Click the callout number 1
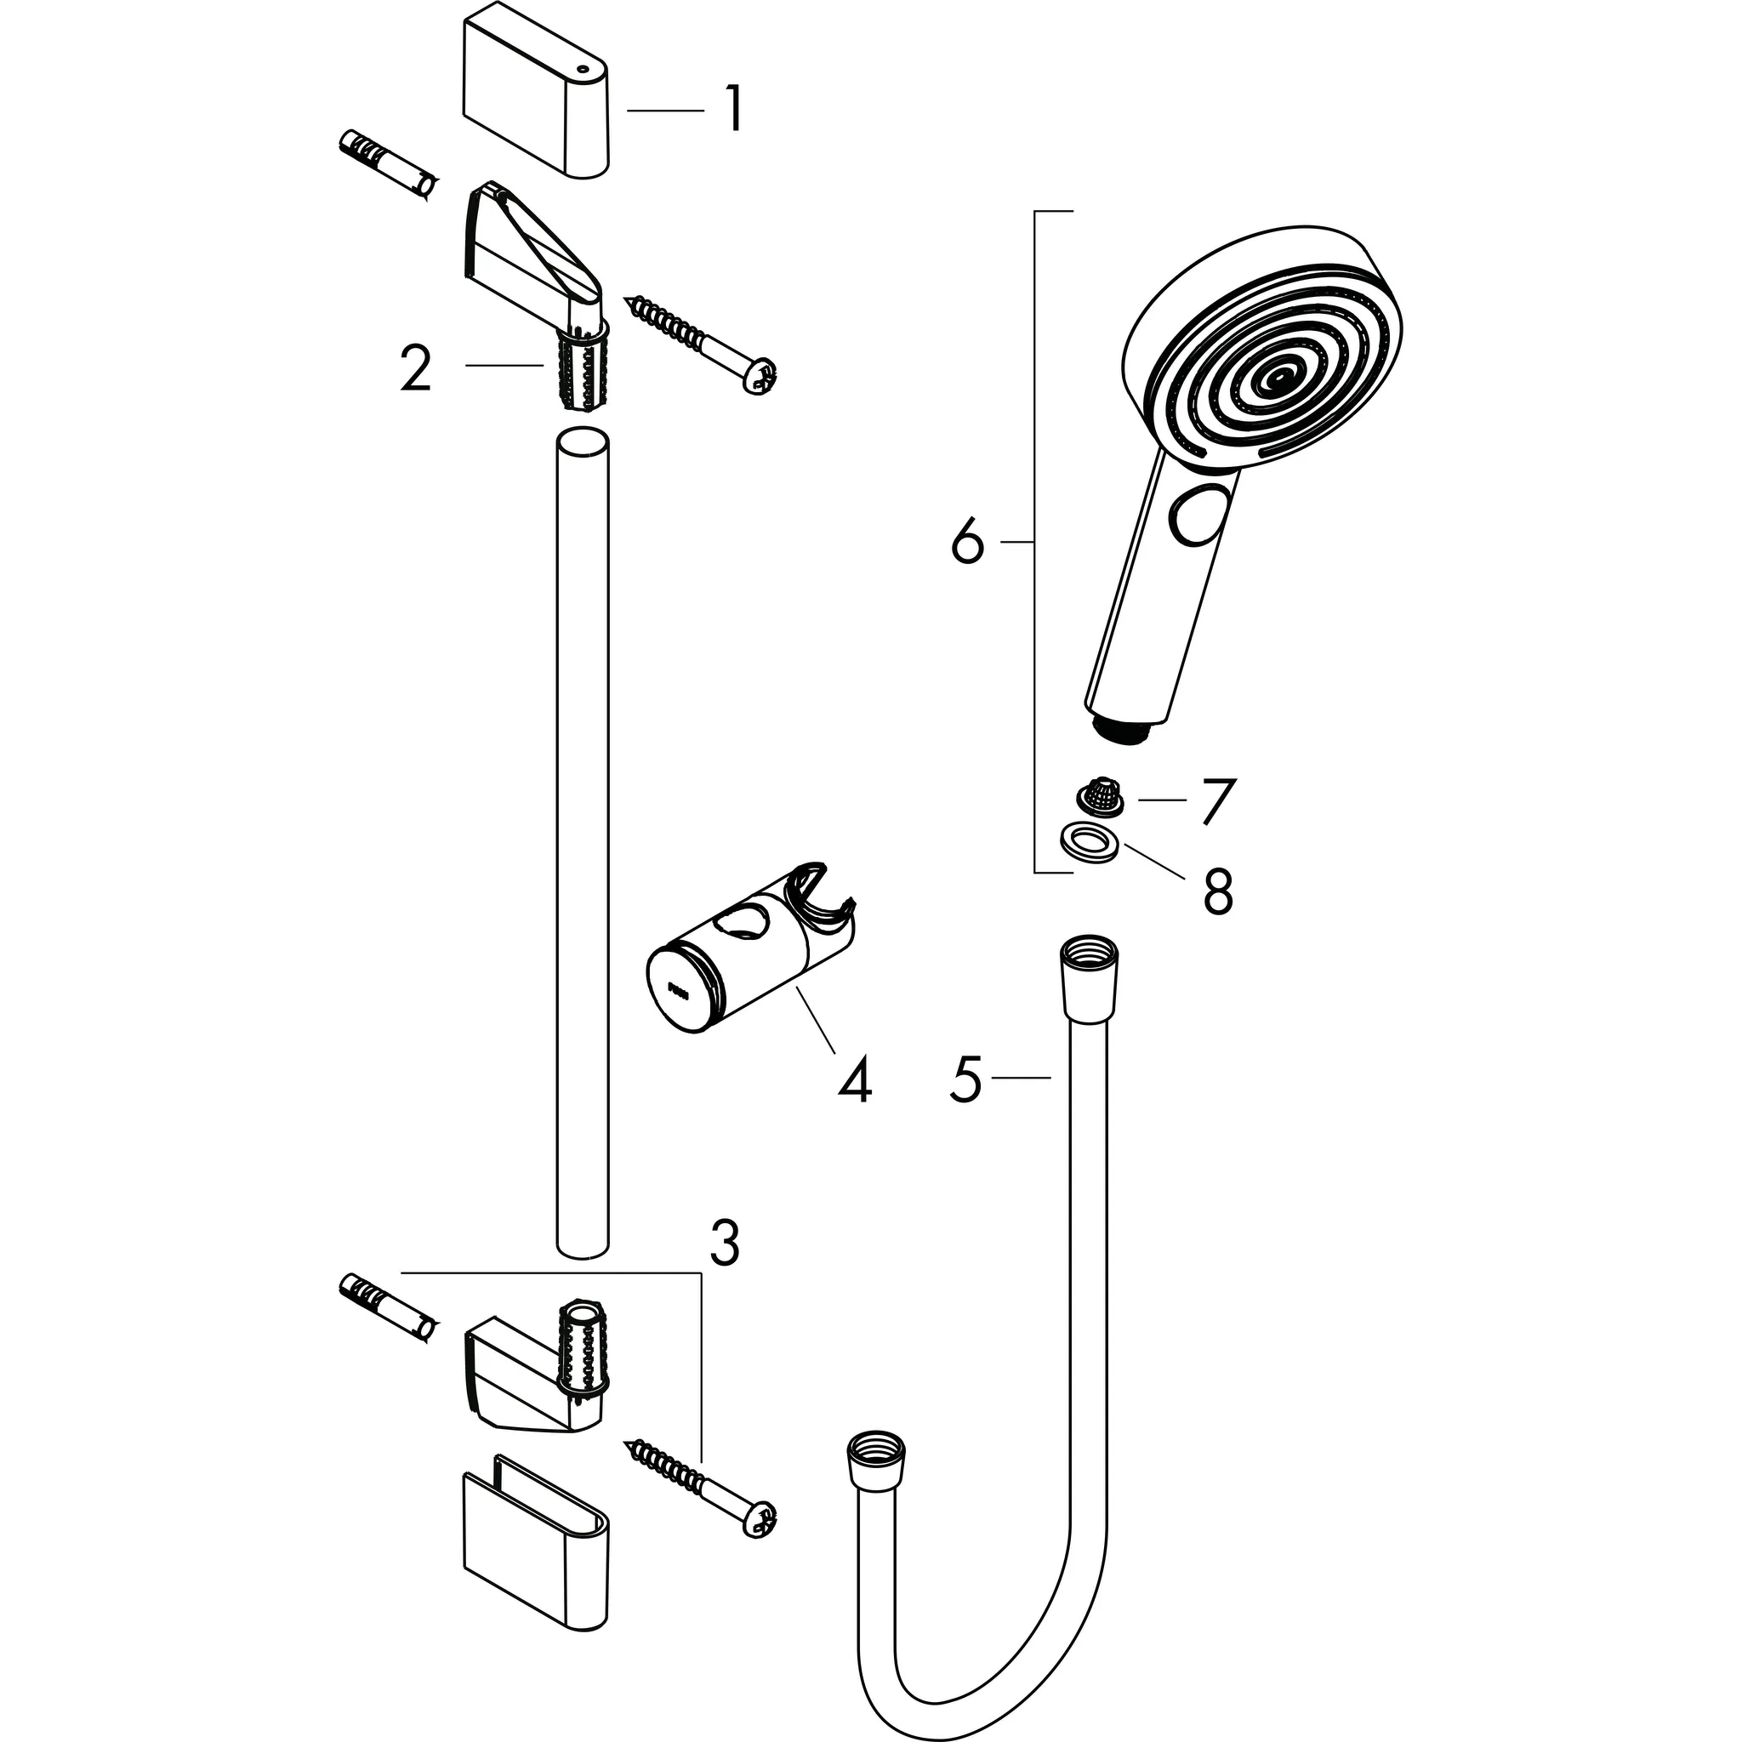point(735,110)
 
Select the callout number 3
point(724,1244)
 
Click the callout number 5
point(965,1079)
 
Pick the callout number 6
point(967,542)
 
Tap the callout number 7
point(1215,800)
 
